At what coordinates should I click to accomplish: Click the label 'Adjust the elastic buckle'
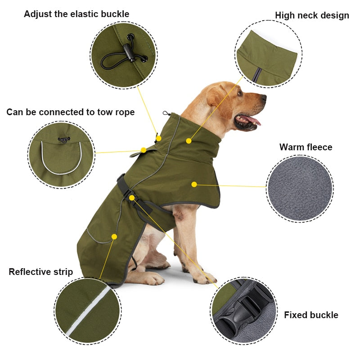coord(76,14)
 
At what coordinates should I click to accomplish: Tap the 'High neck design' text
coord(312,15)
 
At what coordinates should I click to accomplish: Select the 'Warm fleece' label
coord(306,147)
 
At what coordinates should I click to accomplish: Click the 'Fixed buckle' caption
coord(310,315)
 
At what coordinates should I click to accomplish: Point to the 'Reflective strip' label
coord(40,272)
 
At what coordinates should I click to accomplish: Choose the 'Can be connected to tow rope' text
coord(70,112)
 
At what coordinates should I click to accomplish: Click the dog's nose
coord(263,97)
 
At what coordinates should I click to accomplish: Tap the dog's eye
coord(240,93)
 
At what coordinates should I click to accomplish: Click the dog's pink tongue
coord(252,120)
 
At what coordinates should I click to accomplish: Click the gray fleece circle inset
coord(300,189)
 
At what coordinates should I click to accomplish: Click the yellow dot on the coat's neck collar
coord(189,141)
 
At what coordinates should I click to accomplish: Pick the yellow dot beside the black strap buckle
coord(132,198)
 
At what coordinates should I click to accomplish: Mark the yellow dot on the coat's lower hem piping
coord(114,236)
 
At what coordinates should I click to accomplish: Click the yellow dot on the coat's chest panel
coord(194,184)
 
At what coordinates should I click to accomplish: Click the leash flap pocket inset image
coord(62,154)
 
